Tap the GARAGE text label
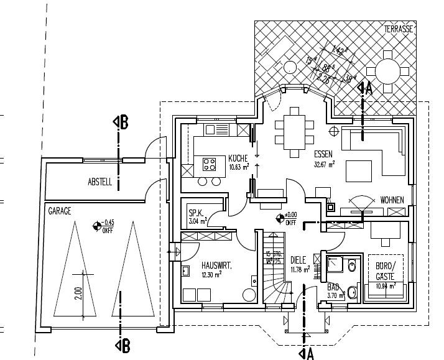pos(59,211)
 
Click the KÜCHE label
pos(238,158)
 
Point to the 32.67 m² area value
pos(325,165)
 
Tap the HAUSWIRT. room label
pos(216,265)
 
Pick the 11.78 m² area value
pos(300,270)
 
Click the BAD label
pos(333,287)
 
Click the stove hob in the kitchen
pos(209,165)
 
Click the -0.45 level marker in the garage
pos(97,226)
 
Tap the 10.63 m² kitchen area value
pos(239,167)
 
